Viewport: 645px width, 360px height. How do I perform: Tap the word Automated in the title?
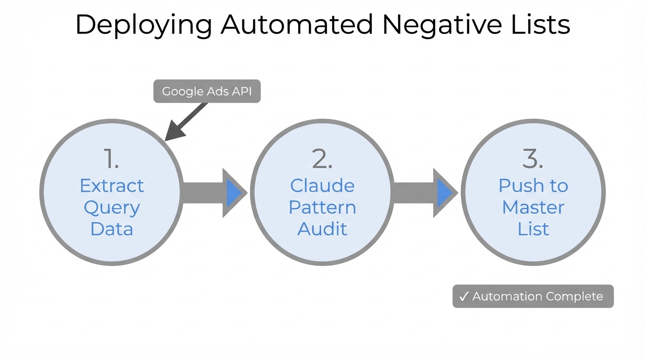[x=297, y=25]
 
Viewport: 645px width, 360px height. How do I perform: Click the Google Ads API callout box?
[x=207, y=91]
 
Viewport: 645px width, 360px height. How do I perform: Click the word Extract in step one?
[x=112, y=186]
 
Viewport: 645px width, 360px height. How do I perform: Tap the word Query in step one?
[x=112, y=208]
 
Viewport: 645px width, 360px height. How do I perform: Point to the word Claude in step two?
[x=322, y=186]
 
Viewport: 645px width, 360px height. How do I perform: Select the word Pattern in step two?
[x=322, y=207]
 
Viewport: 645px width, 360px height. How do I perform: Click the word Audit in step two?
[x=322, y=229]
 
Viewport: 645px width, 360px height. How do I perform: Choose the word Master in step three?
[x=533, y=207]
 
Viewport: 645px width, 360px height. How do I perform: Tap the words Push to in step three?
[x=533, y=186]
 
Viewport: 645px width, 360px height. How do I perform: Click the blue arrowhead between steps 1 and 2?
[x=233, y=193]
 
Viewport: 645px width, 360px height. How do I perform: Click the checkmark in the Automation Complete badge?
[x=464, y=297]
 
